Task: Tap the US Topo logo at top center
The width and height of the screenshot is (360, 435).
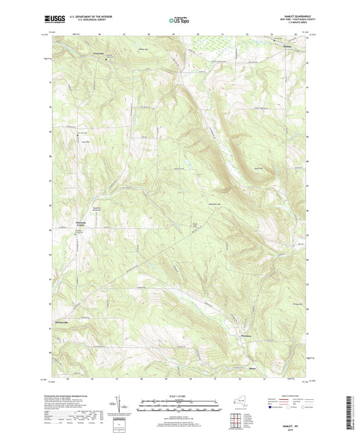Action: click(179, 21)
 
